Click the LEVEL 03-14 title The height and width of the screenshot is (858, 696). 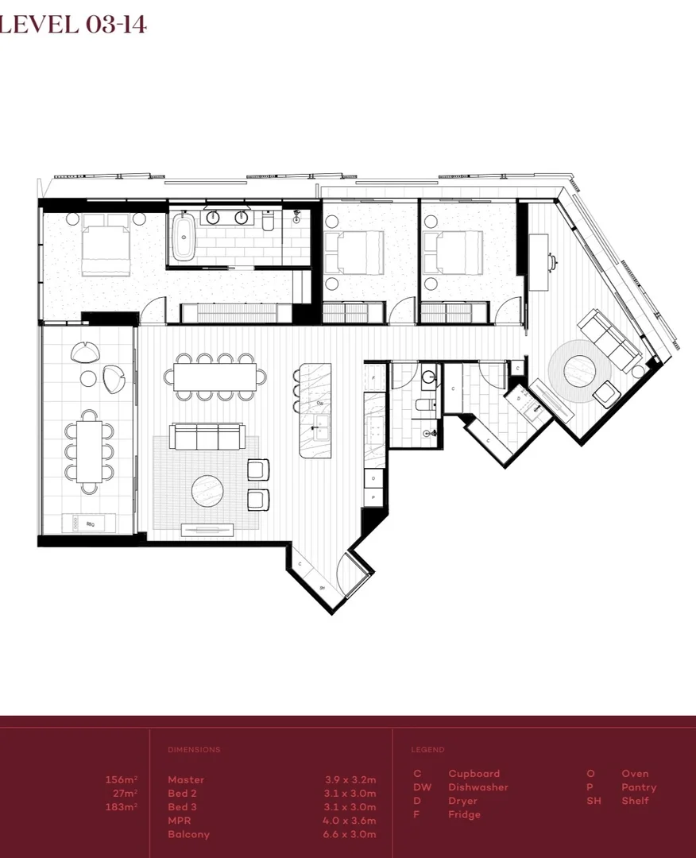coord(73,25)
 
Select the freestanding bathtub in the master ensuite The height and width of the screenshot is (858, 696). coord(184,235)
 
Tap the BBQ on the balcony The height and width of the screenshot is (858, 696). coord(88,522)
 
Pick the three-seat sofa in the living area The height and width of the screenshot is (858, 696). coord(207,436)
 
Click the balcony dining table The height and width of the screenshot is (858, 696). coord(90,450)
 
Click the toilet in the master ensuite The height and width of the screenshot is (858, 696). coord(267,222)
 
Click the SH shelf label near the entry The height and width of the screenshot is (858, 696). coord(323,587)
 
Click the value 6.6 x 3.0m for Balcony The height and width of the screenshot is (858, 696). coord(350,834)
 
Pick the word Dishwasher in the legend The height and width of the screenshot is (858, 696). coord(478,787)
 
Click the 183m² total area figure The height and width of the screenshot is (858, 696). coord(121,807)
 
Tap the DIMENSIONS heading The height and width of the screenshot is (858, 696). coord(194,750)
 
